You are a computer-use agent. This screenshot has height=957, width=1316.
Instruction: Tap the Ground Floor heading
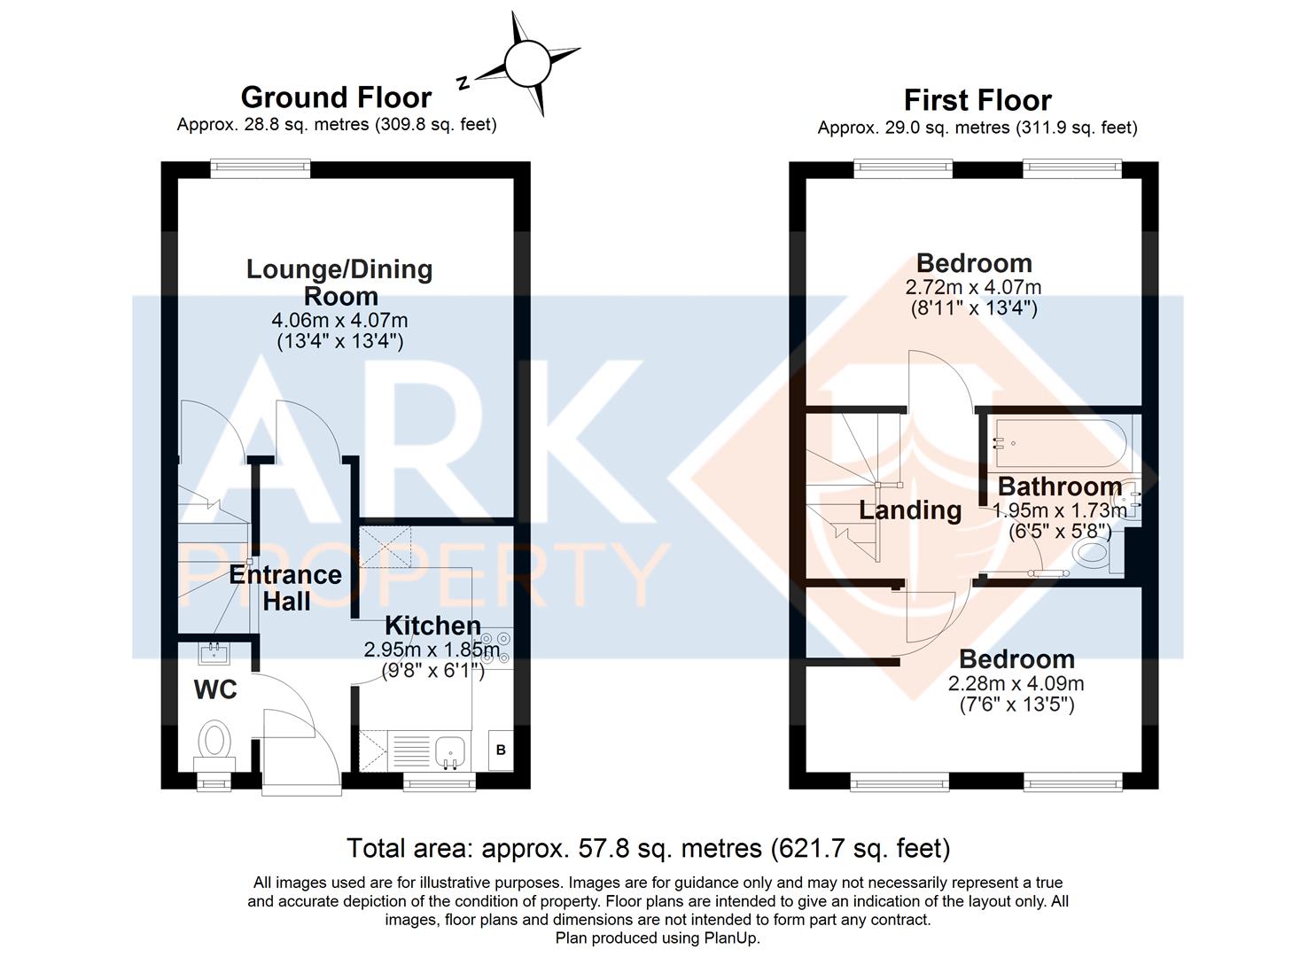(336, 97)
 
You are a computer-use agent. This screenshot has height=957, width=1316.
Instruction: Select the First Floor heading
(977, 99)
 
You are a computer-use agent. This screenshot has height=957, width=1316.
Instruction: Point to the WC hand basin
(214, 654)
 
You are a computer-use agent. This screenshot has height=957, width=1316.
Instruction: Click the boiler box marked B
(501, 750)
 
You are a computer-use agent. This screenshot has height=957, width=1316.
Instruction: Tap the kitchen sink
(450, 752)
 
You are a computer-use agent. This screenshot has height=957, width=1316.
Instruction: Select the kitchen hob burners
(494, 647)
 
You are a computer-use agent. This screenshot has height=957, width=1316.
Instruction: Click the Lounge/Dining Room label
(339, 282)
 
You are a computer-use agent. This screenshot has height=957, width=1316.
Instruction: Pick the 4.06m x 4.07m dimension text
(339, 320)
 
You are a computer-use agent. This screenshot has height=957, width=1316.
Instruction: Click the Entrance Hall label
(285, 587)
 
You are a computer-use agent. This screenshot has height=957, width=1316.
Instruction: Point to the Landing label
(910, 510)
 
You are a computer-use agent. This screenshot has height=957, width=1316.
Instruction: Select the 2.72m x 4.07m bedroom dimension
(973, 287)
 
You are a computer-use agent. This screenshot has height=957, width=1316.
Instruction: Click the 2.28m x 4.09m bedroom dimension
(1016, 683)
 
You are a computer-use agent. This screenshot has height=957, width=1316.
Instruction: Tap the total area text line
(648, 848)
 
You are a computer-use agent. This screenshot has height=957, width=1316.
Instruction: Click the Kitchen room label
(433, 626)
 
